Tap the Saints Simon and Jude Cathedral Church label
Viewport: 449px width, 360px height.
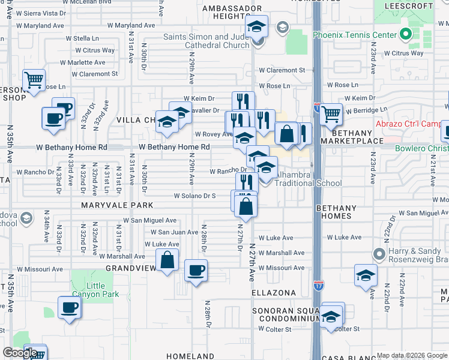tap(206, 41)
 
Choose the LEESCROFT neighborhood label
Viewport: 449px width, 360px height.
tap(412, 5)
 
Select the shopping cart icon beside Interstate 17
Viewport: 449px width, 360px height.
tap(331, 113)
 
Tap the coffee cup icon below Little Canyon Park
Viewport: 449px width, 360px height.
tap(70, 308)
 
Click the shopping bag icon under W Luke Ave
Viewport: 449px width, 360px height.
tap(167, 260)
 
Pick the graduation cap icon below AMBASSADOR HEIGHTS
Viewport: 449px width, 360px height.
tap(256, 27)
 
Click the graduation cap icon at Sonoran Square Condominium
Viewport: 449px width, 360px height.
tap(330, 316)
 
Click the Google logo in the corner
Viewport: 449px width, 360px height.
tap(20, 353)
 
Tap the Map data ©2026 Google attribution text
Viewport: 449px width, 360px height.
tap(412, 355)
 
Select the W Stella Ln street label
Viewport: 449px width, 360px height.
tap(82, 38)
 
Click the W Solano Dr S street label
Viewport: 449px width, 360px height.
tap(194, 196)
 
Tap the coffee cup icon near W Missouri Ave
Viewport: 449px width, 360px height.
tap(196, 270)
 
